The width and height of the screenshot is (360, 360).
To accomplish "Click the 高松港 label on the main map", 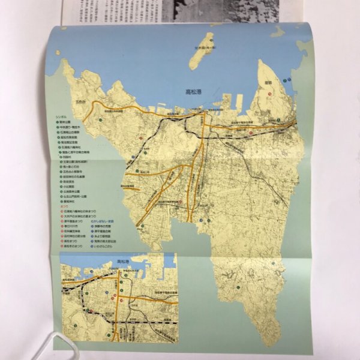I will click(x=196, y=92).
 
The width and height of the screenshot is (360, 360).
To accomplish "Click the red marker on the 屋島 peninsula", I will click(x=271, y=94).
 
